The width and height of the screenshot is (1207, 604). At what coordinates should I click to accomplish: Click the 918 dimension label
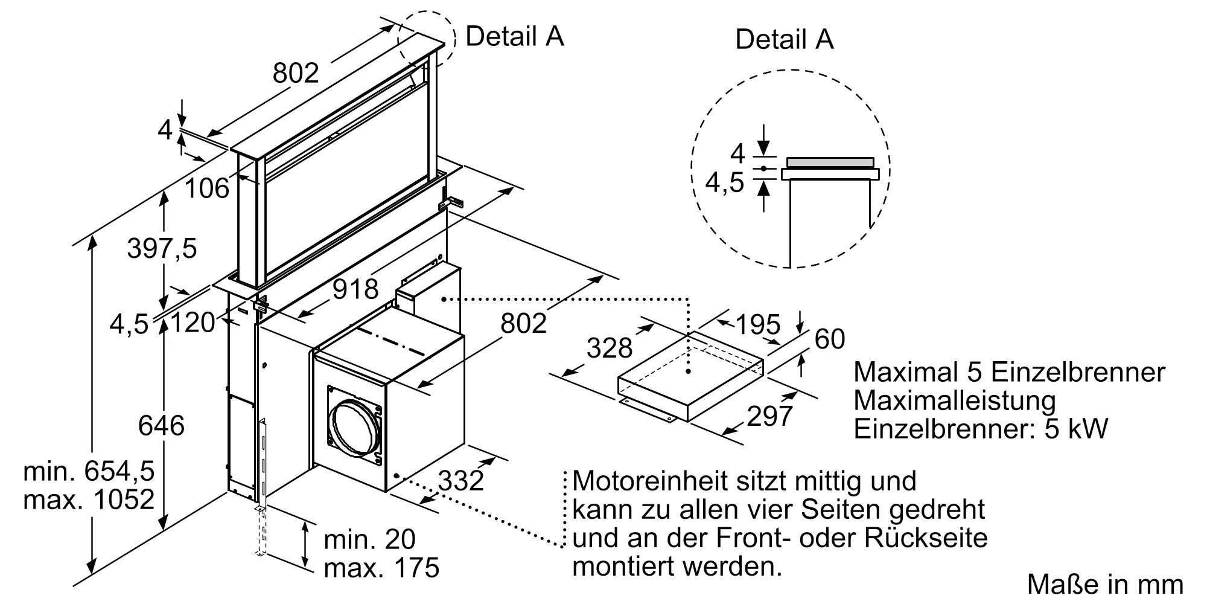point(355,289)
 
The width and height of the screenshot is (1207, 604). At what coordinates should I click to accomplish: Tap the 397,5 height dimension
point(162,248)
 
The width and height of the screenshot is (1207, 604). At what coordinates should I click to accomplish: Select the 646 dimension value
point(161,425)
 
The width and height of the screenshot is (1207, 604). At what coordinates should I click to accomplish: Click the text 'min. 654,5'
point(89,471)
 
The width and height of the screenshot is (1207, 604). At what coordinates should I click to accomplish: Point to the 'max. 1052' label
point(89,500)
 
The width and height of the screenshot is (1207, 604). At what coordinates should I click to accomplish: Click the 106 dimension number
point(207,188)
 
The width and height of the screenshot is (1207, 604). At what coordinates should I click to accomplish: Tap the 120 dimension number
point(193,323)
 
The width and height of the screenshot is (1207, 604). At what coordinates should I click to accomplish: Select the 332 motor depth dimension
point(461,481)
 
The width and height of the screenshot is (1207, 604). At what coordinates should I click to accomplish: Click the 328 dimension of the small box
point(610,348)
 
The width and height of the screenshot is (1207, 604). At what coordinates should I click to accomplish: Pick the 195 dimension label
point(758,326)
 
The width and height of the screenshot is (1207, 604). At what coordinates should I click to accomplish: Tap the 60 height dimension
point(830,339)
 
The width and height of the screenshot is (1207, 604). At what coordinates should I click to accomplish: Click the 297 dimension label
point(769,416)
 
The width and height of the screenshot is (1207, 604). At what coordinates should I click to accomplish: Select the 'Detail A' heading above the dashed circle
point(784,40)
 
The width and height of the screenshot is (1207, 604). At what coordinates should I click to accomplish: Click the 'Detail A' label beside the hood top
point(514,36)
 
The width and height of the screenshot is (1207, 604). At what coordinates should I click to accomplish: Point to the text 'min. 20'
point(369,539)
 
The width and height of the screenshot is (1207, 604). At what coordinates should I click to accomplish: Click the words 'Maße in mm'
point(1105,585)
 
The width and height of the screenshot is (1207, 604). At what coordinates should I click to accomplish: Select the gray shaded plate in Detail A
point(830,162)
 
